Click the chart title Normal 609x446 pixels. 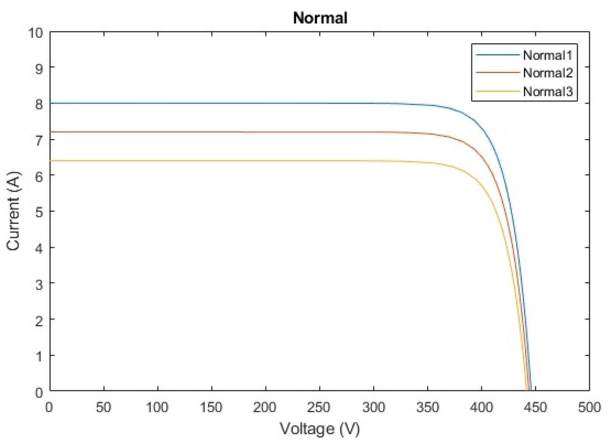click(x=320, y=18)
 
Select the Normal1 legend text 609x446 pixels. click(x=548, y=55)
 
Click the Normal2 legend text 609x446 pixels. click(x=548, y=73)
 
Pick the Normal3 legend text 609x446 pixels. click(x=548, y=91)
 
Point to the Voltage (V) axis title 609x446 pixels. click(x=320, y=429)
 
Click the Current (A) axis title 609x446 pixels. click(x=14, y=211)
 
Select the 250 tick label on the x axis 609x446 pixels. click(x=319, y=408)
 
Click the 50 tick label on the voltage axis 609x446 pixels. click(x=103, y=408)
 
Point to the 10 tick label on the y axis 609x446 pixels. click(x=36, y=33)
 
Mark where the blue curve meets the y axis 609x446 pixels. click(x=51, y=103)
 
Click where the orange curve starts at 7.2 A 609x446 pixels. click(x=51, y=132)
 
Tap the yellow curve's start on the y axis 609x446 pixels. click(x=51, y=160)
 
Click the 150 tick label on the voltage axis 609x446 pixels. click(x=211, y=408)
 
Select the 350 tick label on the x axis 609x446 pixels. click(x=427, y=408)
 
